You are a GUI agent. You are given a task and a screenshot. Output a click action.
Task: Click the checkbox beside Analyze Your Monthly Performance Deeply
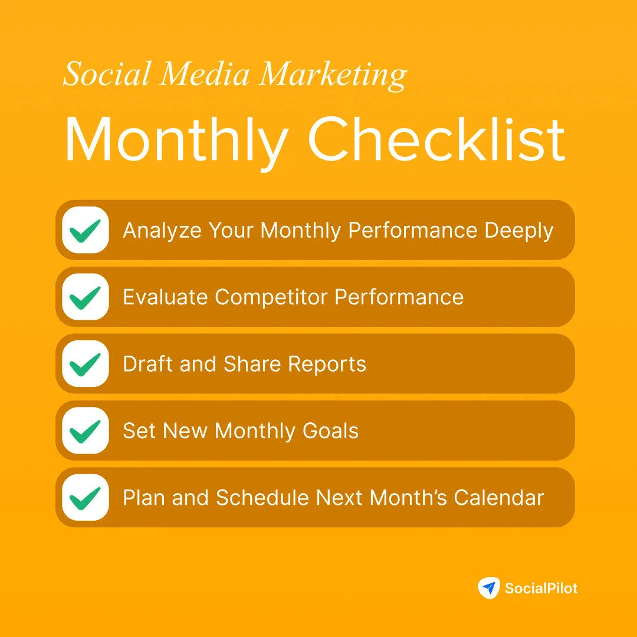tap(86, 230)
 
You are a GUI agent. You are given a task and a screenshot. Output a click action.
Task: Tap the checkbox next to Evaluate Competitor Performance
tap(86, 297)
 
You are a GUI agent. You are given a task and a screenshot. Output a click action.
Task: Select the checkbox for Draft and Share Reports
tap(86, 364)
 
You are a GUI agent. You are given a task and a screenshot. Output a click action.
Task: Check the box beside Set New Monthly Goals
tap(86, 431)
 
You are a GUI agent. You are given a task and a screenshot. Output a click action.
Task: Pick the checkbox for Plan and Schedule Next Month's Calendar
tap(86, 497)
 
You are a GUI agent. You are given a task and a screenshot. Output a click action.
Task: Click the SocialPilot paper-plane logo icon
tap(488, 587)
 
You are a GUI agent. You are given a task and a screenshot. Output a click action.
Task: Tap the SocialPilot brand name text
tap(541, 588)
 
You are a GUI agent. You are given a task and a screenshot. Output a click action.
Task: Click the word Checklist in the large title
tap(436, 140)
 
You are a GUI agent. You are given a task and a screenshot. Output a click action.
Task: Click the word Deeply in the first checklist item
tap(519, 231)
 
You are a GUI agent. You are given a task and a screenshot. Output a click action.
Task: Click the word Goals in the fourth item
tap(331, 431)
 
